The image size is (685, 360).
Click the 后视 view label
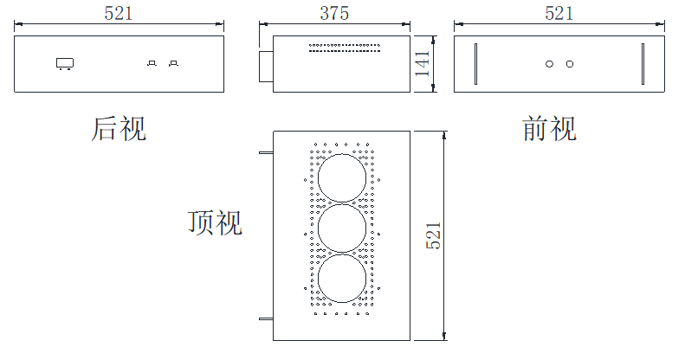coord(119,130)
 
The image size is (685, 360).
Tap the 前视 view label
coord(550,130)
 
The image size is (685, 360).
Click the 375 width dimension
coord(334,13)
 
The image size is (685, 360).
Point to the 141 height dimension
coord(423,63)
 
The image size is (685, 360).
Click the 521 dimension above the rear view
coord(119,13)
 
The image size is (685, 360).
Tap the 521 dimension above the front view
coord(559,13)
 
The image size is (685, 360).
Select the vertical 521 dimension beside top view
coord(434,235)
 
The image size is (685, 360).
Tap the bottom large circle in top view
coord(342,279)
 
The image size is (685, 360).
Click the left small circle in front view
coord(549,63)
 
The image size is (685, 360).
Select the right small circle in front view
coord(569,63)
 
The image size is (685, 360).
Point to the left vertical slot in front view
coord(475,64)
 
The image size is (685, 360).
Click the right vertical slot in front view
coord(643,64)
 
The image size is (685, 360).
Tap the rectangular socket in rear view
coord(64,62)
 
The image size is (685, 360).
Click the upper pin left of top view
coord(266,153)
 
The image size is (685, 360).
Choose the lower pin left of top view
coord(266,320)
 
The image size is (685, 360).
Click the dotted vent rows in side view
coord(345,48)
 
